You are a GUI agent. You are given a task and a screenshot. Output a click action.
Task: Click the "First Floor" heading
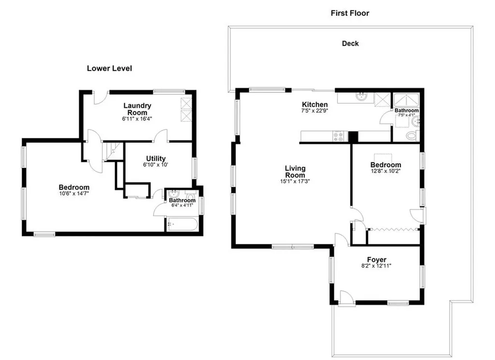[x=350, y=13]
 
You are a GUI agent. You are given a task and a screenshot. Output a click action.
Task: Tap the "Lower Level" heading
[x=110, y=68]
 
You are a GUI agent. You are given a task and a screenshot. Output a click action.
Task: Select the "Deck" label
[x=350, y=44]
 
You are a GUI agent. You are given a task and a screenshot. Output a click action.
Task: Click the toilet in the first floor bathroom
[x=412, y=136]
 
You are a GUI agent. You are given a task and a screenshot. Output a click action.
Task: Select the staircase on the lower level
[x=113, y=151]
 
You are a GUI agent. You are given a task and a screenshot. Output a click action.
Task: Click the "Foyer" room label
[x=377, y=260]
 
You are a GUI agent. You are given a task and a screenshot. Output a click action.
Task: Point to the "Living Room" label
[x=295, y=172]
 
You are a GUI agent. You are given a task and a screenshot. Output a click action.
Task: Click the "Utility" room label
[x=156, y=158]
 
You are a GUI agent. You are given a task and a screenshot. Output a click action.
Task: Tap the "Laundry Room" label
[x=137, y=109]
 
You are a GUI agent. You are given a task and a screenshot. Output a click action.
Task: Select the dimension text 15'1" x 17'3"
[x=295, y=181]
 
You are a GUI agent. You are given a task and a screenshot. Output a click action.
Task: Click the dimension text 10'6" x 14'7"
[x=74, y=194]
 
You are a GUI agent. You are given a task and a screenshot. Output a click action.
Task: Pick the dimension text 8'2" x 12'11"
[x=376, y=266]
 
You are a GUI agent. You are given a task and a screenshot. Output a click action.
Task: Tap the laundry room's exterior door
[x=102, y=98]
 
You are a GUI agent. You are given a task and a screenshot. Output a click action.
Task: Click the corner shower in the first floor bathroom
[x=406, y=100]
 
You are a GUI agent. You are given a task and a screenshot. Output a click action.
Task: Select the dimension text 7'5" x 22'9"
[x=315, y=111]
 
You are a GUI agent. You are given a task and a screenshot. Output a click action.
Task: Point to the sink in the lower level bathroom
[x=173, y=194]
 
